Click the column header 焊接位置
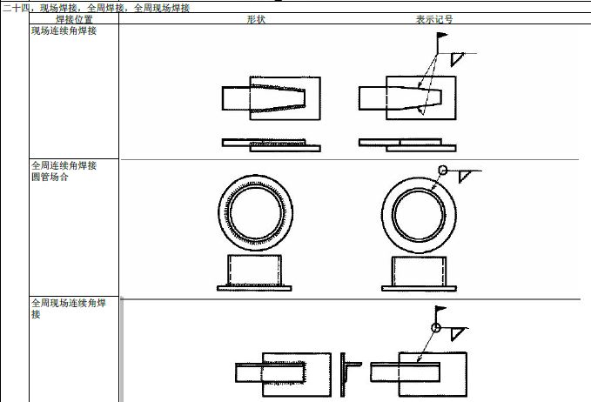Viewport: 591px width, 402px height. (74, 19)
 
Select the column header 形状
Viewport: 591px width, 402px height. (256, 19)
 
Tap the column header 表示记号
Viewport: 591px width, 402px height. (433, 19)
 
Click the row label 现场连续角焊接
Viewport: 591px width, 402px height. (64, 31)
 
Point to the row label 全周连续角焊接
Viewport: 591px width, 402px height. (64, 165)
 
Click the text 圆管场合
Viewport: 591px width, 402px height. (50, 177)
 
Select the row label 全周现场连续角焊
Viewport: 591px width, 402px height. (69, 303)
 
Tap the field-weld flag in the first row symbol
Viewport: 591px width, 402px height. (442, 36)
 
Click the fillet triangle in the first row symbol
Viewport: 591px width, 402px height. (456, 59)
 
